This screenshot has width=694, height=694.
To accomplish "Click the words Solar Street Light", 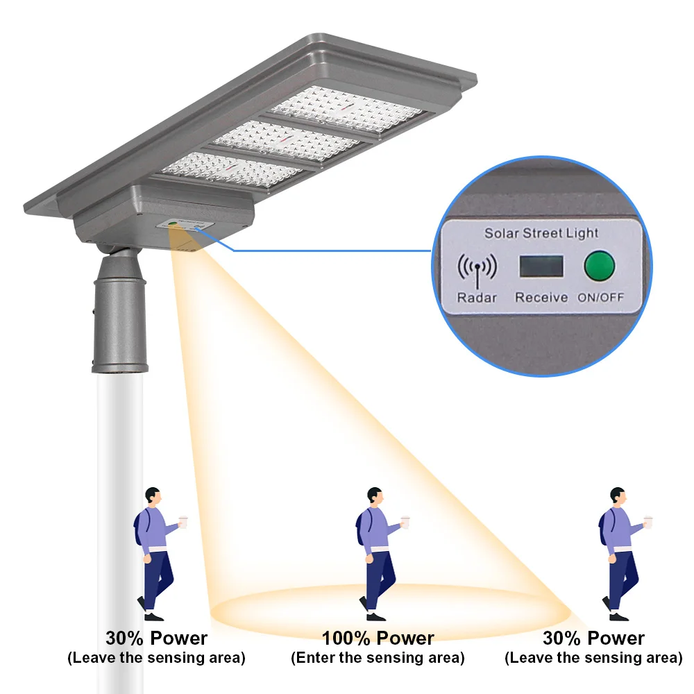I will click(x=541, y=233).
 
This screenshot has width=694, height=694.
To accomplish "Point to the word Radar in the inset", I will click(x=476, y=297).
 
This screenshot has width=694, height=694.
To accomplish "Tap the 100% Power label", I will click(x=378, y=638).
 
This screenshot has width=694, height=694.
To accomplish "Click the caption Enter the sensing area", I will click(x=378, y=657).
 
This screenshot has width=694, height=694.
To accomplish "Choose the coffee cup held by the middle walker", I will click(x=409, y=520).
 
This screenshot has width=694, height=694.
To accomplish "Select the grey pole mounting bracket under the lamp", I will click(x=120, y=312).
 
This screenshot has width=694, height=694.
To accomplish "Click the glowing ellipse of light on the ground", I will click(x=389, y=607).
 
